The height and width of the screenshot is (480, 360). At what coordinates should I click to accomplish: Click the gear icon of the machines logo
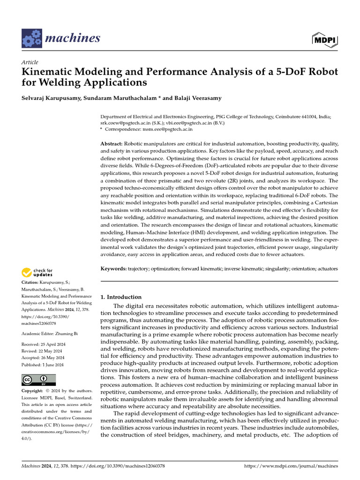31,38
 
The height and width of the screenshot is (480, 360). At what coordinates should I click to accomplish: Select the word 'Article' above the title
30,62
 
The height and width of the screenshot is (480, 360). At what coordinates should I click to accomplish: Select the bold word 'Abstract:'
112,143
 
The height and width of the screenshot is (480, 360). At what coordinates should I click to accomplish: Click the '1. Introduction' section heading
121,297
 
